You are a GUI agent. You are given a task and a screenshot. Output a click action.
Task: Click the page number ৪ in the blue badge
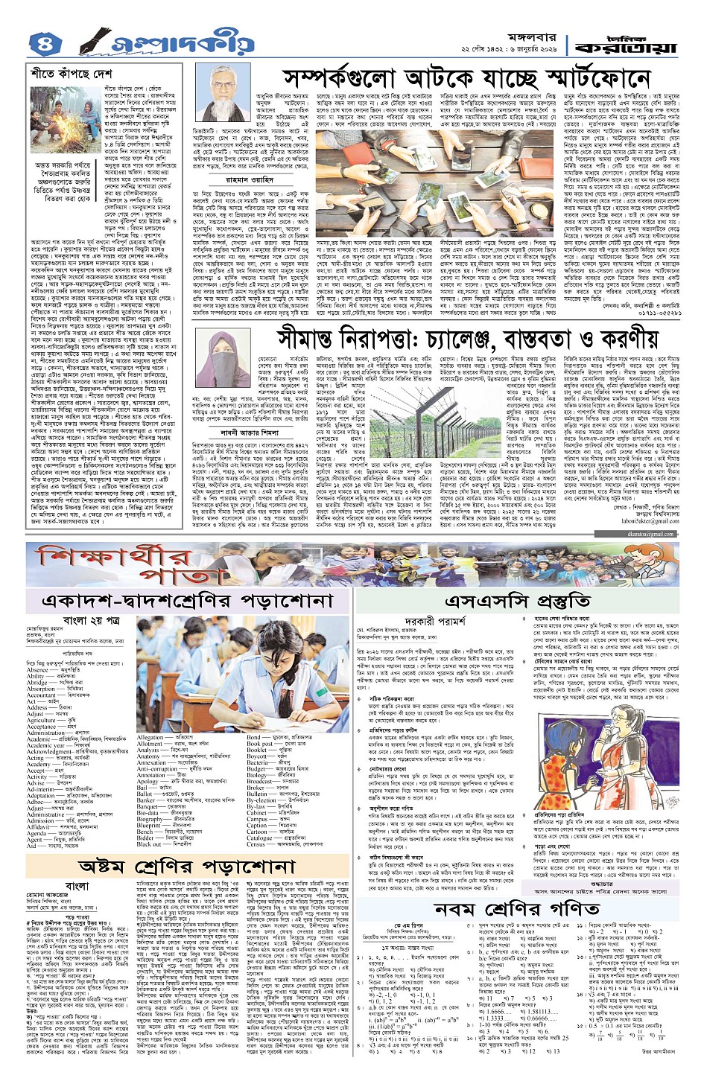pos(43,45)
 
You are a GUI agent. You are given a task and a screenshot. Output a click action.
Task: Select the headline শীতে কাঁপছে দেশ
pos(72,75)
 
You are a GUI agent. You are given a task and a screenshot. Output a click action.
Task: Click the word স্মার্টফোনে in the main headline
pos(567,78)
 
